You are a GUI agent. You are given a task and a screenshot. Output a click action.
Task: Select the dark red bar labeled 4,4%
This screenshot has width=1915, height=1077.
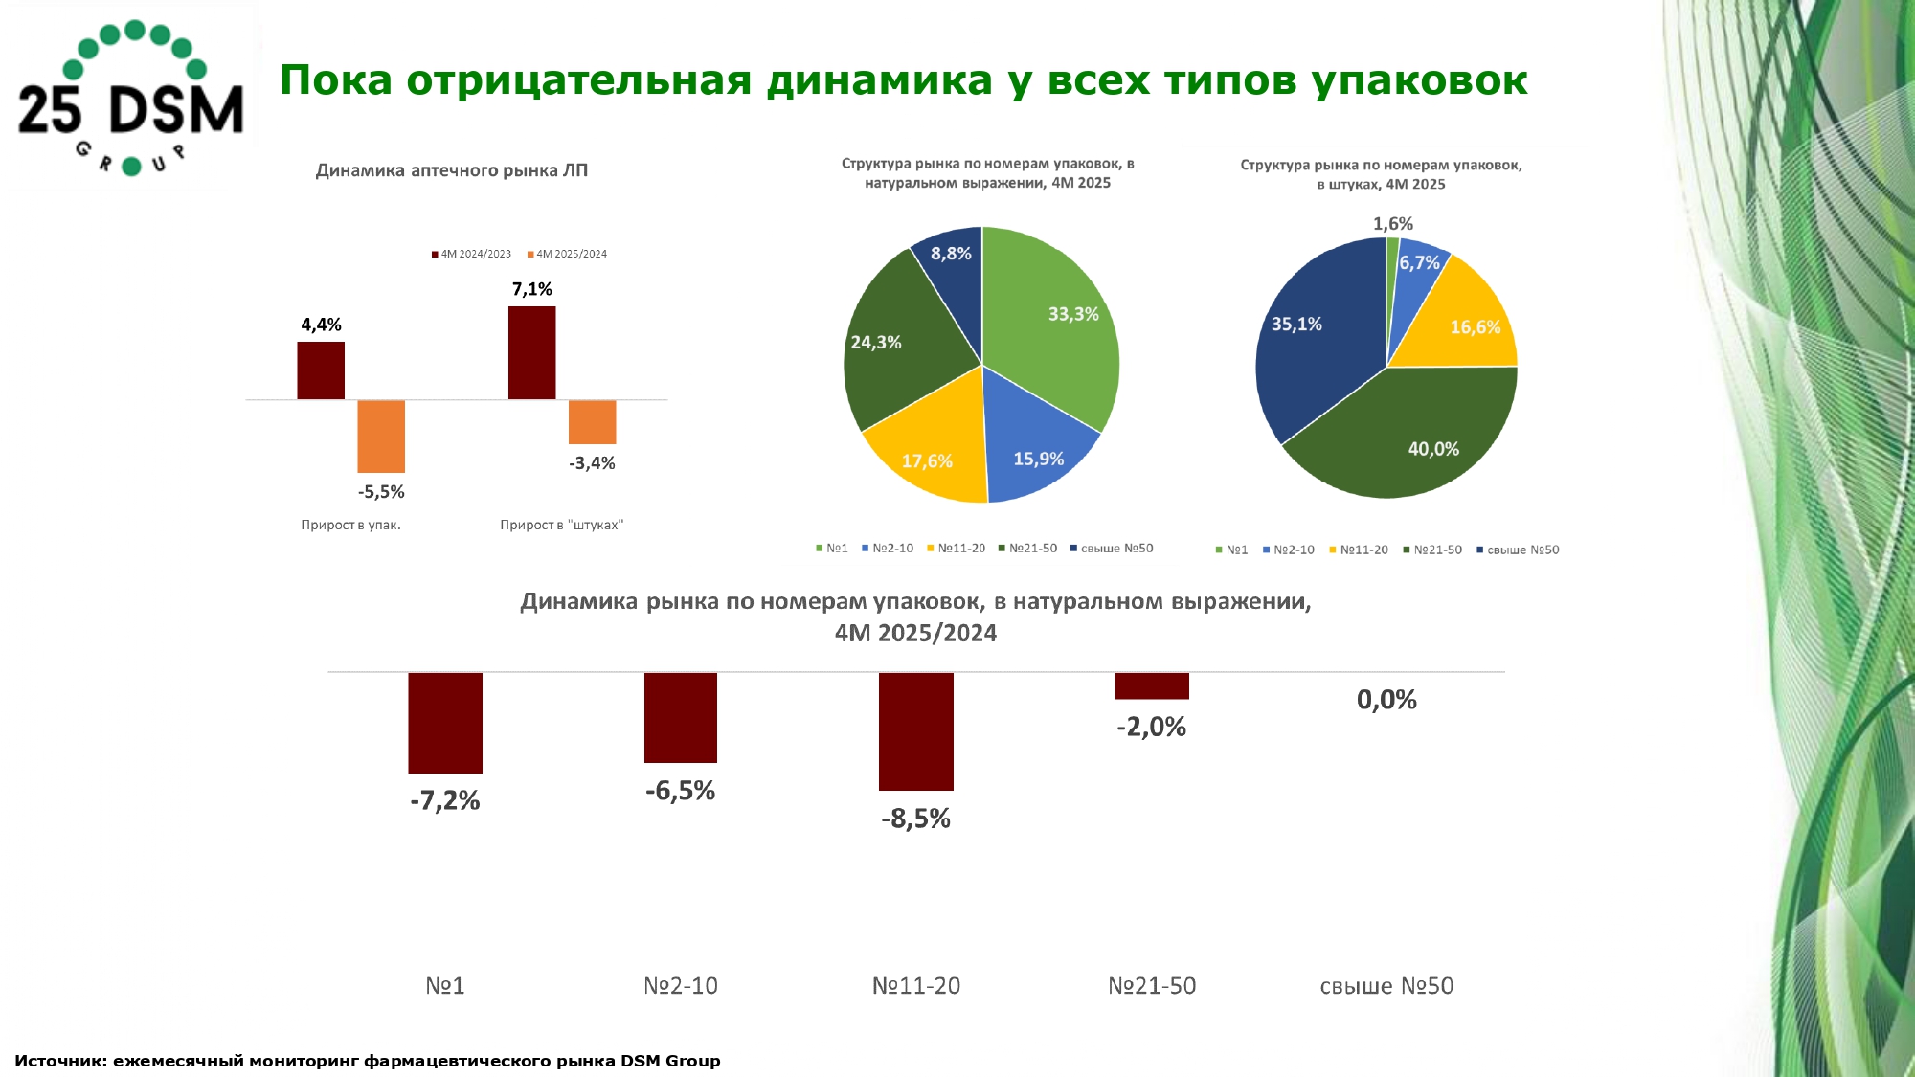321,370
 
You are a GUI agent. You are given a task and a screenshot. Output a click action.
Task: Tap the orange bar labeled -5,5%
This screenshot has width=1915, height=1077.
381,436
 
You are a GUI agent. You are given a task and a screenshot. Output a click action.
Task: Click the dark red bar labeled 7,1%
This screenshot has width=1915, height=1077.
531,352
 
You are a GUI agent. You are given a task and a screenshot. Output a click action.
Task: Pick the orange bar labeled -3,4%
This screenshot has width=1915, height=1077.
592,421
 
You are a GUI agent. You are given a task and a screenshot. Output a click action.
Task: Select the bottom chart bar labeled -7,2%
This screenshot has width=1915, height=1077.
445,722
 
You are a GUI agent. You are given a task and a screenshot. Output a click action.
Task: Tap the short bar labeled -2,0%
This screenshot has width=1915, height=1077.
1152,685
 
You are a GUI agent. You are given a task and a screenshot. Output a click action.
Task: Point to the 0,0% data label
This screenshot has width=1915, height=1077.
1386,700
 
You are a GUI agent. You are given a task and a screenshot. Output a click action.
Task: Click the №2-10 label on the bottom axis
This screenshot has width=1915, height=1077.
681,986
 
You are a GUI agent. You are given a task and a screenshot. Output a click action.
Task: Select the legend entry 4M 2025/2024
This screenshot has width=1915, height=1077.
571,254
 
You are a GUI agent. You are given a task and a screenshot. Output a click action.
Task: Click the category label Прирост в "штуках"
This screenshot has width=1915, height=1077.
561,525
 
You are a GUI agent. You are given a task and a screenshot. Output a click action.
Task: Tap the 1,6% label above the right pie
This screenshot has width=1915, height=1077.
1393,224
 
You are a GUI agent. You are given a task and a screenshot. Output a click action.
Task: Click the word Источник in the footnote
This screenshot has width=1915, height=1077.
59,1061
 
